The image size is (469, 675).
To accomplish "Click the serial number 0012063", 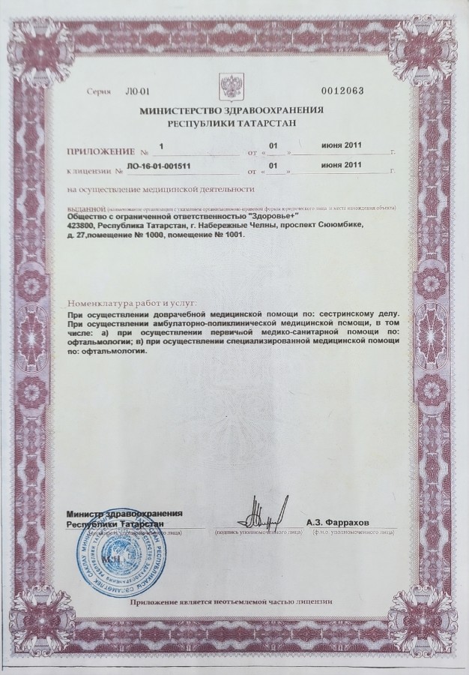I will tap(342, 91).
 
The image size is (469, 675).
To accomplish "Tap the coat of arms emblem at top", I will tap(227, 82).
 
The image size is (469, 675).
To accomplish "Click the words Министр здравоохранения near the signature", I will tap(124, 513).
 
